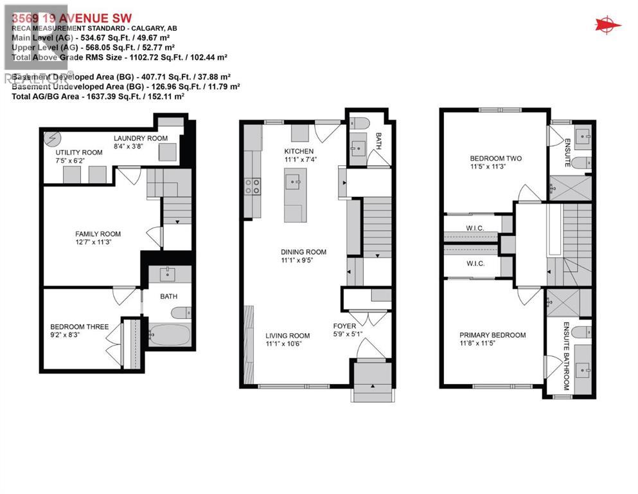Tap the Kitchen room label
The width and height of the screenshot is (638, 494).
299,151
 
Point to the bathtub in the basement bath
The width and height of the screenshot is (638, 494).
169,334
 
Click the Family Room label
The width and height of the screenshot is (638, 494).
98,234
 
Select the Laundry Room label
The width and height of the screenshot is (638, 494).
141,138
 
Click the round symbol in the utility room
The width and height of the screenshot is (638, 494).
51,139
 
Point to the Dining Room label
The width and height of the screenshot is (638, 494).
303,252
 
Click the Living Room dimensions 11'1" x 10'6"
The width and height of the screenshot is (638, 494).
288,343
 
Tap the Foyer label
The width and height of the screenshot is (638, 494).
344,325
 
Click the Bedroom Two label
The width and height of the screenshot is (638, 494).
495,158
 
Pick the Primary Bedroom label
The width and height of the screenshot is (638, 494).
492,335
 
